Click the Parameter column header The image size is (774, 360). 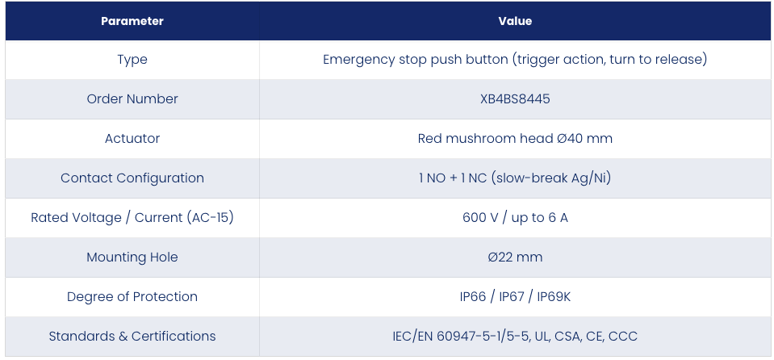coord(132,21)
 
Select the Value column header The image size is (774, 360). coord(515,21)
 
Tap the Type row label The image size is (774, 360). coord(132,60)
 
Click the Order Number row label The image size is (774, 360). coord(132,98)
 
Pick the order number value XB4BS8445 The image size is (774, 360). coord(515,98)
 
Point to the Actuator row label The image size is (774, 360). coord(132,138)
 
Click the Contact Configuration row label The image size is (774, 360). coord(132,178)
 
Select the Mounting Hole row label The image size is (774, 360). coord(132,257)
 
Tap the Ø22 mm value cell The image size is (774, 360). coord(515,257)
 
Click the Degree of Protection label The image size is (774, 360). coord(132,297)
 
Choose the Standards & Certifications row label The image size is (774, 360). coord(132,337)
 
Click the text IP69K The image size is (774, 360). coord(554,297)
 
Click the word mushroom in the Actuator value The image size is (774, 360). coord(476,138)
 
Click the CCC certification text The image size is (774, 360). coord(623,337)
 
